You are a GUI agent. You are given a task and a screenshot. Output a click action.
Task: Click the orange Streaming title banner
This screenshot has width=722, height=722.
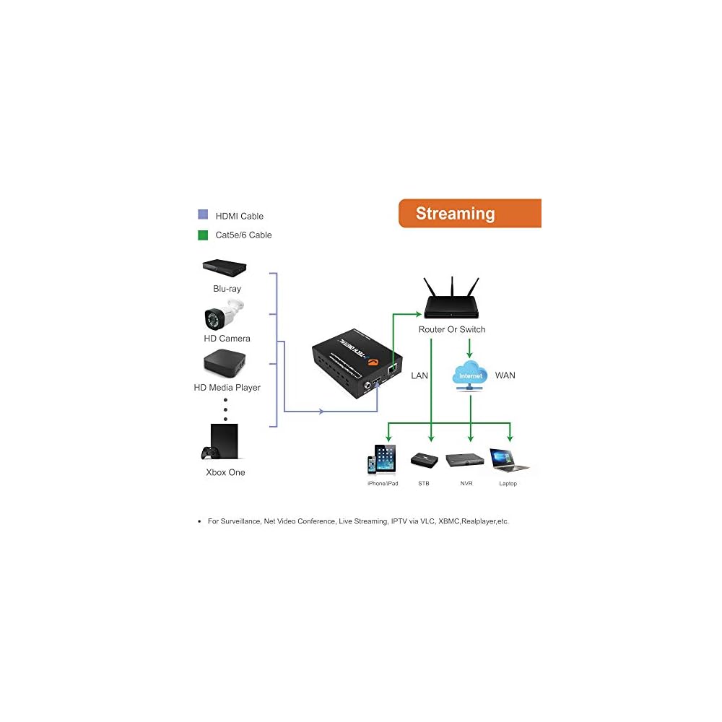(x=469, y=214)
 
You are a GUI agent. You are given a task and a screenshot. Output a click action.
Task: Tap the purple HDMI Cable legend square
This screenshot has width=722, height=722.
(x=203, y=215)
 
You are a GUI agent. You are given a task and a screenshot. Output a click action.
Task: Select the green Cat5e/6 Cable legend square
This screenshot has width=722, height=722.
(x=203, y=235)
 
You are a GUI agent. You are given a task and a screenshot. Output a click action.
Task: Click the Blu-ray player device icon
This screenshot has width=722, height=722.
(x=226, y=269)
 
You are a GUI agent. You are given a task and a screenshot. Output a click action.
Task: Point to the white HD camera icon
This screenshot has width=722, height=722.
(x=224, y=316)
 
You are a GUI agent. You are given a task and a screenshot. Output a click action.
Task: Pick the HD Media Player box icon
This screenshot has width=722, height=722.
(x=226, y=365)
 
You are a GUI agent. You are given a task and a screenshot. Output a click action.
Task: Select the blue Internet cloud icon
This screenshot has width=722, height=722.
(x=470, y=375)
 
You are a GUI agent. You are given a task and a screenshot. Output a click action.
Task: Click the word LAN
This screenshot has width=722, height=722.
(x=419, y=375)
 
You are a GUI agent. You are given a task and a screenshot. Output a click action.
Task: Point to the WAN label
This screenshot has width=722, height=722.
(x=505, y=375)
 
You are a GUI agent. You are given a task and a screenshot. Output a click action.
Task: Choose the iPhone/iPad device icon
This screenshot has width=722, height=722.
(x=382, y=459)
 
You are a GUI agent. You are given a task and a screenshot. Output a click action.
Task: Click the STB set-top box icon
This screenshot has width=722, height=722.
(x=423, y=459)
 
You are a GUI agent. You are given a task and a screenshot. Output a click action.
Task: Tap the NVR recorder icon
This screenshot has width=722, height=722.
(x=465, y=460)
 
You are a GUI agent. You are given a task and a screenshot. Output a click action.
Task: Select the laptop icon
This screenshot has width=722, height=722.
(x=509, y=459)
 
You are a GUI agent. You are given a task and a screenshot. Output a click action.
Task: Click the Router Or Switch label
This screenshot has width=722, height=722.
(x=452, y=329)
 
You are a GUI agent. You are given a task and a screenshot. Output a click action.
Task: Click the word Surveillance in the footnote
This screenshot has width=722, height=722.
(x=240, y=521)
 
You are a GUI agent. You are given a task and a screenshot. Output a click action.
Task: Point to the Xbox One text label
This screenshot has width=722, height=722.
(x=225, y=472)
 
